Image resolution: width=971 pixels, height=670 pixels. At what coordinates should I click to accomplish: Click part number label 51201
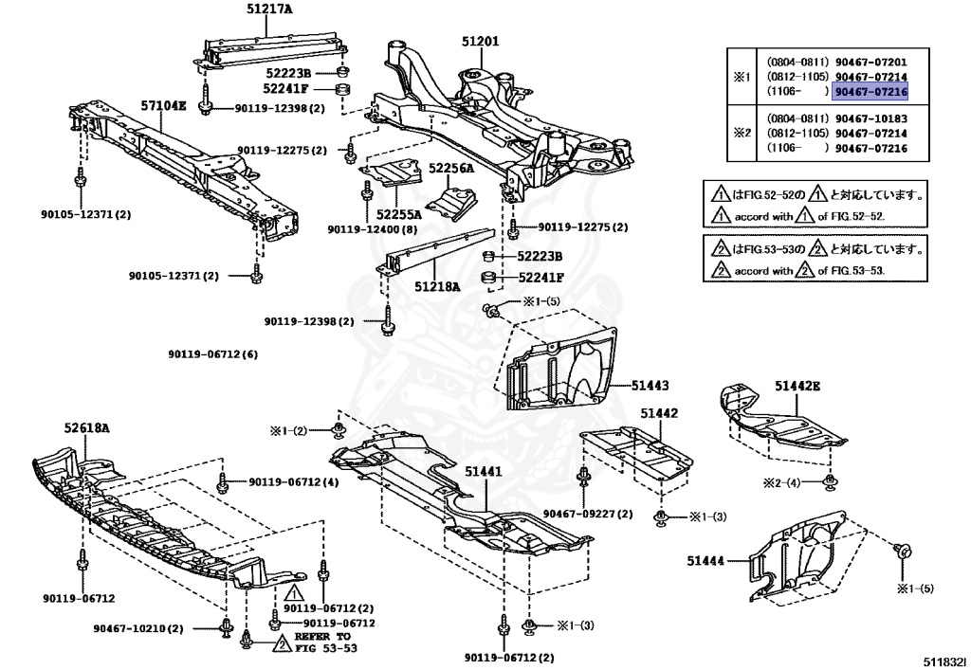point(480,41)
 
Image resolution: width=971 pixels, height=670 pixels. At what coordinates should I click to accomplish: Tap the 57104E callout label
point(165,105)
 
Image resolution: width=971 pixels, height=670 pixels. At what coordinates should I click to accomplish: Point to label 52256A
point(451,168)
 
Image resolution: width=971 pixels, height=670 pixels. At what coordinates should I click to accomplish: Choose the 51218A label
point(437,285)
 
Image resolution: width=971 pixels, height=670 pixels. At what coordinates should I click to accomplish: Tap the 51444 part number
point(706,561)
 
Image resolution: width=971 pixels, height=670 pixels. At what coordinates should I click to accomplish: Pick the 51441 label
point(484,471)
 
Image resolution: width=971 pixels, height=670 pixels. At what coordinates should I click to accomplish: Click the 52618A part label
point(86,428)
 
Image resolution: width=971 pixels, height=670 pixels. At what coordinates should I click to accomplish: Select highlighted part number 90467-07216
point(869,91)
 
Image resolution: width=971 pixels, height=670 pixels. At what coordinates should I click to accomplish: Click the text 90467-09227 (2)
point(588,515)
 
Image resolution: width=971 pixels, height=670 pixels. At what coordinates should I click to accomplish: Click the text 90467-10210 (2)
point(137,628)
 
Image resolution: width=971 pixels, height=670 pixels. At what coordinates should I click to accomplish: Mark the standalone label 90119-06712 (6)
point(213,354)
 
